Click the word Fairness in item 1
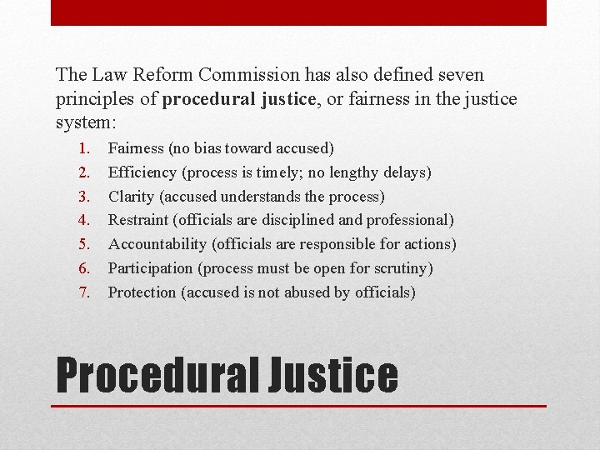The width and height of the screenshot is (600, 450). [x=136, y=148]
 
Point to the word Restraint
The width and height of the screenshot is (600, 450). [x=138, y=220]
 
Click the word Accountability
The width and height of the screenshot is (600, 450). [x=157, y=244]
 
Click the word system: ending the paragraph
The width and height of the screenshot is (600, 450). [x=86, y=122]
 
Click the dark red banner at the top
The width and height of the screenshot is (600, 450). [x=299, y=12]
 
